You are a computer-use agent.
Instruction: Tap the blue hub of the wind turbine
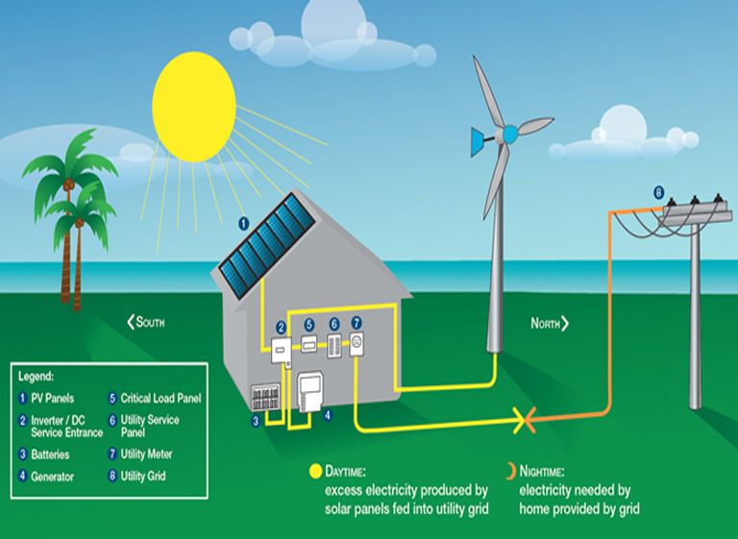coord(510,134)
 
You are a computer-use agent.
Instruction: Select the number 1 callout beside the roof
coord(243,223)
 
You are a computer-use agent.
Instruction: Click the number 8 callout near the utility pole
coord(658,192)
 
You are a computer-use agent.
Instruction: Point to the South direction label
coord(145,323)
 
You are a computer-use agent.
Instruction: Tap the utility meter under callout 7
coord(356,344)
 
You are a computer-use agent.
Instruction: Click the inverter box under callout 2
coord(281,352)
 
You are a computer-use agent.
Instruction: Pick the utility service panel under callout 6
coord(334,345)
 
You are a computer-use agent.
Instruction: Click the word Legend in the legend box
coord(36,377)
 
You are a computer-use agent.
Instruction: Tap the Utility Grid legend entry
coord(144,477)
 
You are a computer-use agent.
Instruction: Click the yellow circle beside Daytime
coord(313,471)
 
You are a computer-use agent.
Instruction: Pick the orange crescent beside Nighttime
coord(509,471)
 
